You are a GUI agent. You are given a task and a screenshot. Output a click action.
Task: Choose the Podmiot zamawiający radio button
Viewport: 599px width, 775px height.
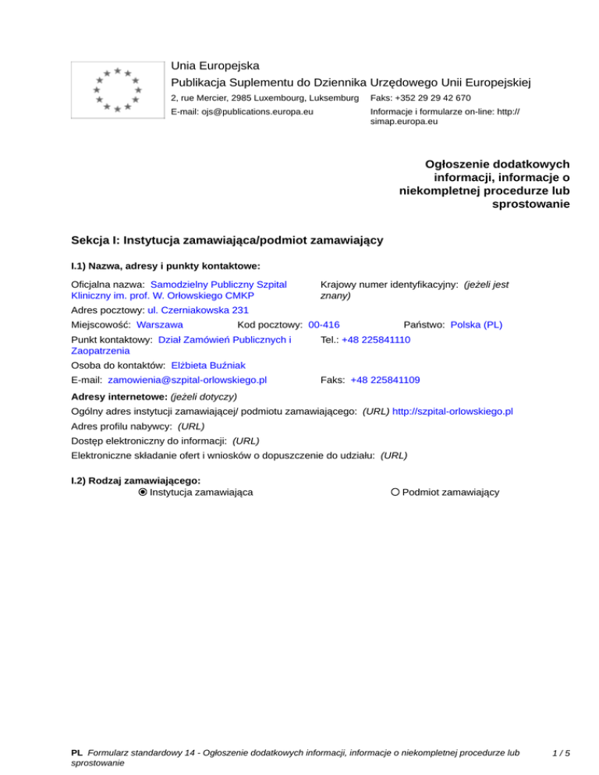tap(395, 492)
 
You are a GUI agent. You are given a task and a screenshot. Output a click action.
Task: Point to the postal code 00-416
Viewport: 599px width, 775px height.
tap(324, 324)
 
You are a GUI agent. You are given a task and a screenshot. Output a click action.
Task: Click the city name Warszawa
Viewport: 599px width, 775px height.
tap(159, 324)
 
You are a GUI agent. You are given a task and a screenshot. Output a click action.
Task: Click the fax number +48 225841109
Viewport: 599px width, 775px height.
tap(385, 380)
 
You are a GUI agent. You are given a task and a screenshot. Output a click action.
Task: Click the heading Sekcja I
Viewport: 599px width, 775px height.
tap(226, 241)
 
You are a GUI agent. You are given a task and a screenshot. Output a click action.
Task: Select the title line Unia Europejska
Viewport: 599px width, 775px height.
tap(215, 65)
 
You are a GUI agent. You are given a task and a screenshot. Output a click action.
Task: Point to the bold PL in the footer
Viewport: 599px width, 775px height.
tap(76, 752)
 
